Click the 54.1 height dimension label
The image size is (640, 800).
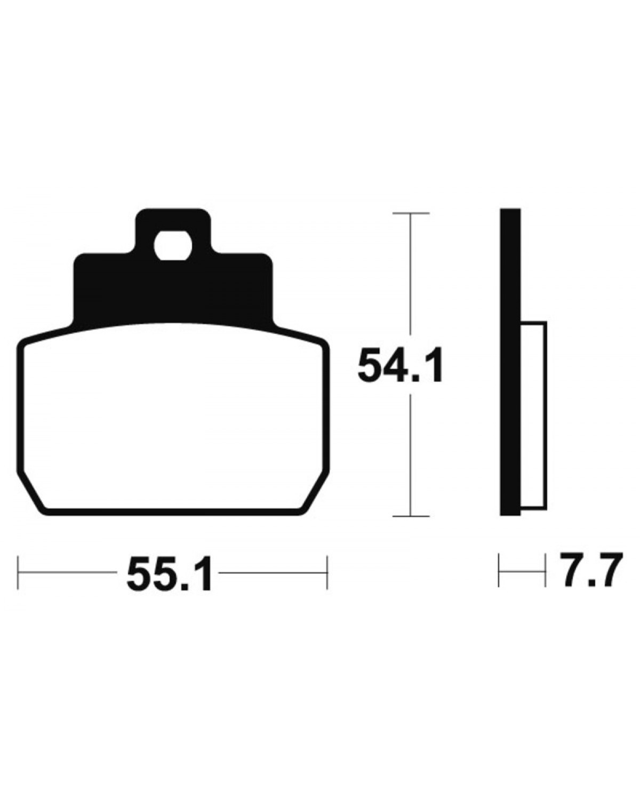(400, 364)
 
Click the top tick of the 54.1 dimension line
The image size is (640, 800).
(411, 213)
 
